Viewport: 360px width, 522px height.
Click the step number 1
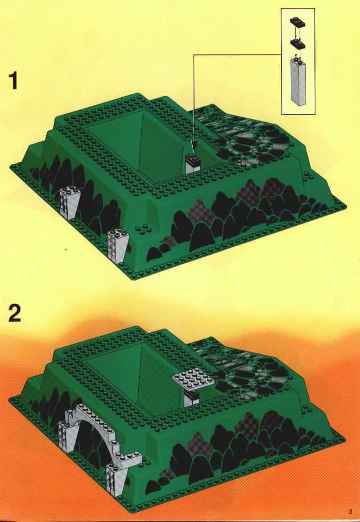coord(13,82)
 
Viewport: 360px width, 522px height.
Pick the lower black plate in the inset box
coord(298,43)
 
